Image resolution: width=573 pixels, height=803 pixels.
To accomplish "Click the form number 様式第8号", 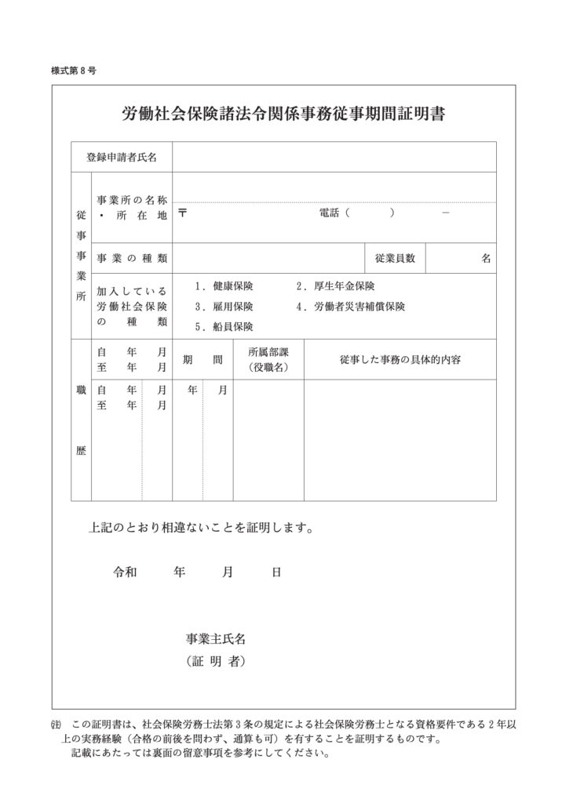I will coord(73,71).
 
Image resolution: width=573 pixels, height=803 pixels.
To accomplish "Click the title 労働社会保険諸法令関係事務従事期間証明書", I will coord(283,114).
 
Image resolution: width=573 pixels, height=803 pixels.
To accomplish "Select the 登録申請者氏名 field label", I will coord(122,157).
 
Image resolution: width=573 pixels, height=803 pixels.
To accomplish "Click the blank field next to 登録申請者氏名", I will coord(334,157).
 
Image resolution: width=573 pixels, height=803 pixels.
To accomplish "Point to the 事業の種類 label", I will coord(132,258).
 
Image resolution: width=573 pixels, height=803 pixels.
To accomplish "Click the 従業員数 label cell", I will coord(395,258).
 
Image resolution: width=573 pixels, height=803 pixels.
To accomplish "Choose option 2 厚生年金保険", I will coord(335,287).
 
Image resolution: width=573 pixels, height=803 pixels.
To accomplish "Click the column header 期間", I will coord(203,360).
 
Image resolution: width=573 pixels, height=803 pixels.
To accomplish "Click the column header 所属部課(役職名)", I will coord(268,360).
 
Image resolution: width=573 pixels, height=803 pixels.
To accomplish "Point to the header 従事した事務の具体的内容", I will coord(400,360).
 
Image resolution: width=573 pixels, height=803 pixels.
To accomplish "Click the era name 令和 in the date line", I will coord(126,572).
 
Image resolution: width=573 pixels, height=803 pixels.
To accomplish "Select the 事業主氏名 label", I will coord(216,639).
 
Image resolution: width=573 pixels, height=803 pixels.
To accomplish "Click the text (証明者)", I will coord(216,662).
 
